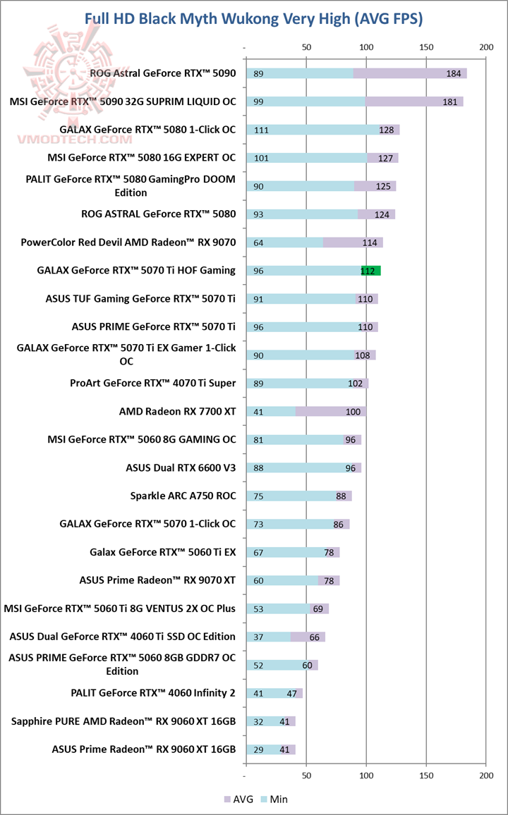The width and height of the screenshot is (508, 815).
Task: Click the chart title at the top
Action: click(x=254, y=18)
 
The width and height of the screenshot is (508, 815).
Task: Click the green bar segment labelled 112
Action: click(x=371, y=271)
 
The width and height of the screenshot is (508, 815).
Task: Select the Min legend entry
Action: click(x=274, y=799)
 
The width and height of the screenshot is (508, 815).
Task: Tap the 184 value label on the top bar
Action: click(x=454, y=73)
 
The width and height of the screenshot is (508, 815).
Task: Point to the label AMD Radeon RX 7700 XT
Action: click(x=178, y=411)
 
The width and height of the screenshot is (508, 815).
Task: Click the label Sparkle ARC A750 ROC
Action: click(x=183, y=496)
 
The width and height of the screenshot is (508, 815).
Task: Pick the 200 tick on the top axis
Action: click(x=485, y=47)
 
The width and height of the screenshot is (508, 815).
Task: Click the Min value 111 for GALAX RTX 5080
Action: click(x=261, y=130)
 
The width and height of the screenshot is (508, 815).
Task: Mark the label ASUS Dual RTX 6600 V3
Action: click(x=181, y=467)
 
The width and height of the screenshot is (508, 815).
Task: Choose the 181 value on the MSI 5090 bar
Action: click(x=450, y=102)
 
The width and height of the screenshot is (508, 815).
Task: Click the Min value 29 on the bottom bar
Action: click(x=258, y=750)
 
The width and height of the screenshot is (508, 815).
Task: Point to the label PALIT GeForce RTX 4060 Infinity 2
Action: click(x=153, y=693)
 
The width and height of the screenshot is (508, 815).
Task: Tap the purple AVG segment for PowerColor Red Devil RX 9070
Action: click(x=353, y=243)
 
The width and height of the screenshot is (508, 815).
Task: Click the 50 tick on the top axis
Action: click(x=306, y=47)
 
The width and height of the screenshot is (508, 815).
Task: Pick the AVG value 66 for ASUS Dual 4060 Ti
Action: click(x=315, y=637)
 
